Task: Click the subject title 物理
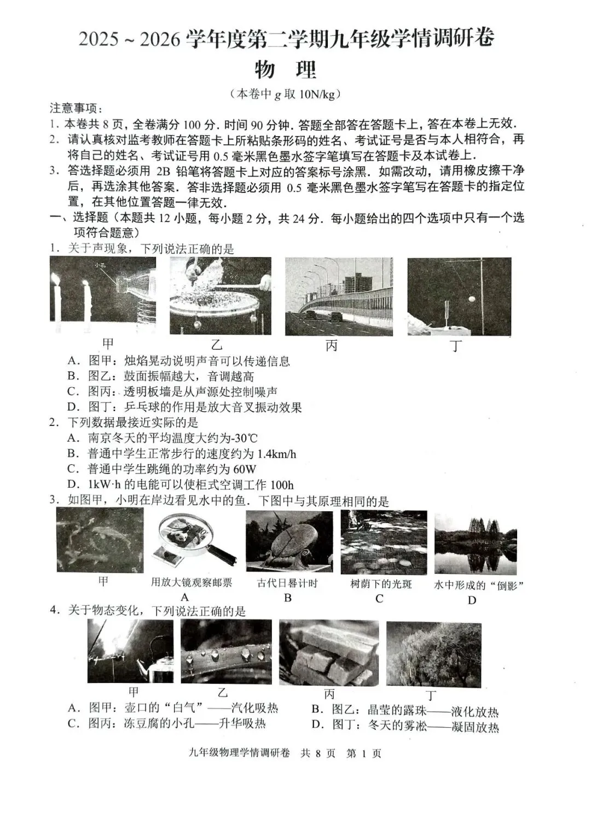point(286,70)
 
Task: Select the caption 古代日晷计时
point(287,583)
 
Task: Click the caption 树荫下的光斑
point(381,584)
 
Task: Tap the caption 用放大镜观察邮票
point(192,583)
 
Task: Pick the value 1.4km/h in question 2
point(276,454)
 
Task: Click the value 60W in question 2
point(244,469)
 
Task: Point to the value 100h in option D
point(282,485)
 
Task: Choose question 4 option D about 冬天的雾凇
point(405,727)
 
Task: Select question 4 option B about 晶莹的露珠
point(405,711)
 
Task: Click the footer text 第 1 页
point(364,753)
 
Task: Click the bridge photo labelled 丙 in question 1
point(339,296)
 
